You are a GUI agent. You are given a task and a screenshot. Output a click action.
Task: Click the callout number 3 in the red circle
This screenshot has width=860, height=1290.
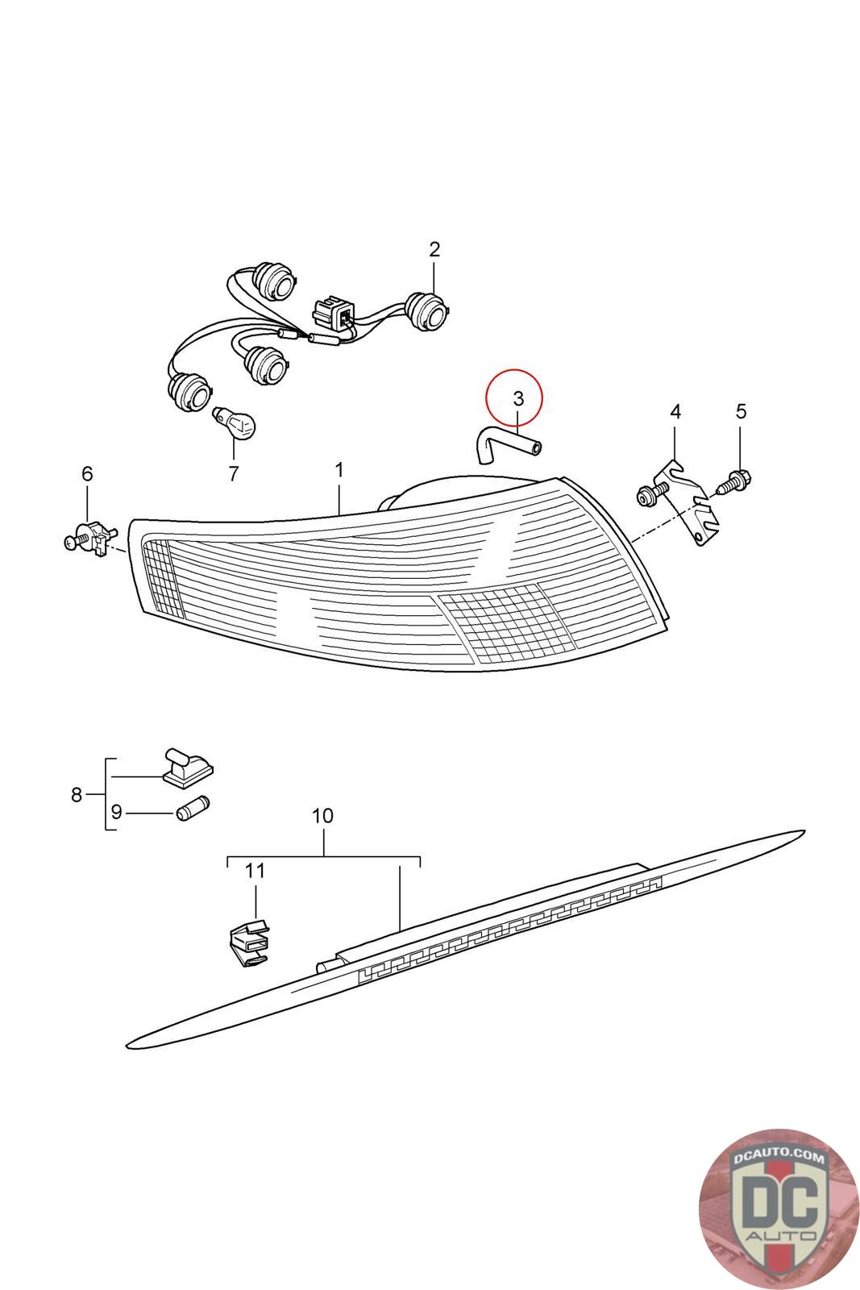(518, 397)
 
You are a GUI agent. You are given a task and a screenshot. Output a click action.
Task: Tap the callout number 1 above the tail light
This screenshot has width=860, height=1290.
(339, 469)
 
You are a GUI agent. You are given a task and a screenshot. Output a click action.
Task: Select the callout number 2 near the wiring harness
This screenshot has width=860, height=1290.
(434, 249)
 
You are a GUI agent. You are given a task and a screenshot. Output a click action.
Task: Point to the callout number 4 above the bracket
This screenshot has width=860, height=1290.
(675, 412)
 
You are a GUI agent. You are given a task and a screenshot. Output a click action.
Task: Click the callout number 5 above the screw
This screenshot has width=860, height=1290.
(741, 412)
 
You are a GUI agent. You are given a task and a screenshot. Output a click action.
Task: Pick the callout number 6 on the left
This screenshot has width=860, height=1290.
(87, 473)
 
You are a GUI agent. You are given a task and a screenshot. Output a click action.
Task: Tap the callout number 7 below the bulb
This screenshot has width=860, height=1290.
(234, 474)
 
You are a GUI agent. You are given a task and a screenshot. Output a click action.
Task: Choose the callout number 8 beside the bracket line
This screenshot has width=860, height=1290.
(77, 795)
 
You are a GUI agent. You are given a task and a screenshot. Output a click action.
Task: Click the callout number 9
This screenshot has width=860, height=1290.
(116, 812)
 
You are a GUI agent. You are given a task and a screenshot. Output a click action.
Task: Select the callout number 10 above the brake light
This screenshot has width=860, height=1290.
(322, 816)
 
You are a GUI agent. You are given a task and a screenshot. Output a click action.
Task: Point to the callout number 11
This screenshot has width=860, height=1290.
(255, 871)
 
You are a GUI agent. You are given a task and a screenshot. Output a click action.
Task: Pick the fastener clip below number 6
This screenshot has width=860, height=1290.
(92, 537)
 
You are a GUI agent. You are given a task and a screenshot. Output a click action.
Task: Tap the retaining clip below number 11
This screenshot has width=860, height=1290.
(249, 942)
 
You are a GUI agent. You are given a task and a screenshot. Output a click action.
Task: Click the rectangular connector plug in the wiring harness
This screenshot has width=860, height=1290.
(333, 312)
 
